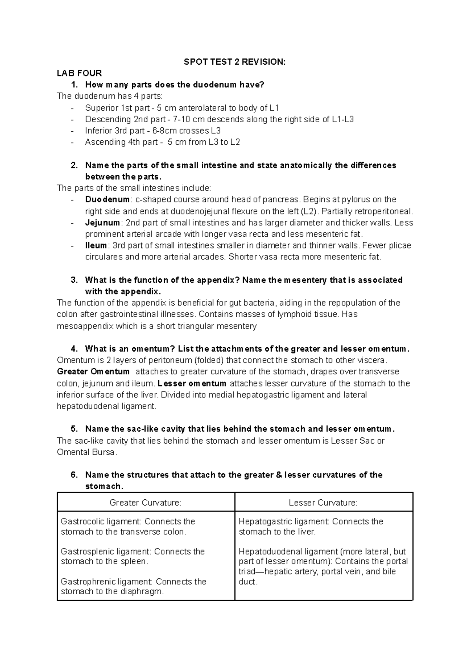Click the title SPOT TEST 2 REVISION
(235, 62)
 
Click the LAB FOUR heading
(79, 73)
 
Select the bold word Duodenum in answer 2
(107, 200)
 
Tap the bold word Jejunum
(102, 223)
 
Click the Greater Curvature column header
(146, 503)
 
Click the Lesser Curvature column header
(323, 503)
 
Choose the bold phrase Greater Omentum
(93, 372)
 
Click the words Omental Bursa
(86, 452)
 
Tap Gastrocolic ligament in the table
(100, 521)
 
